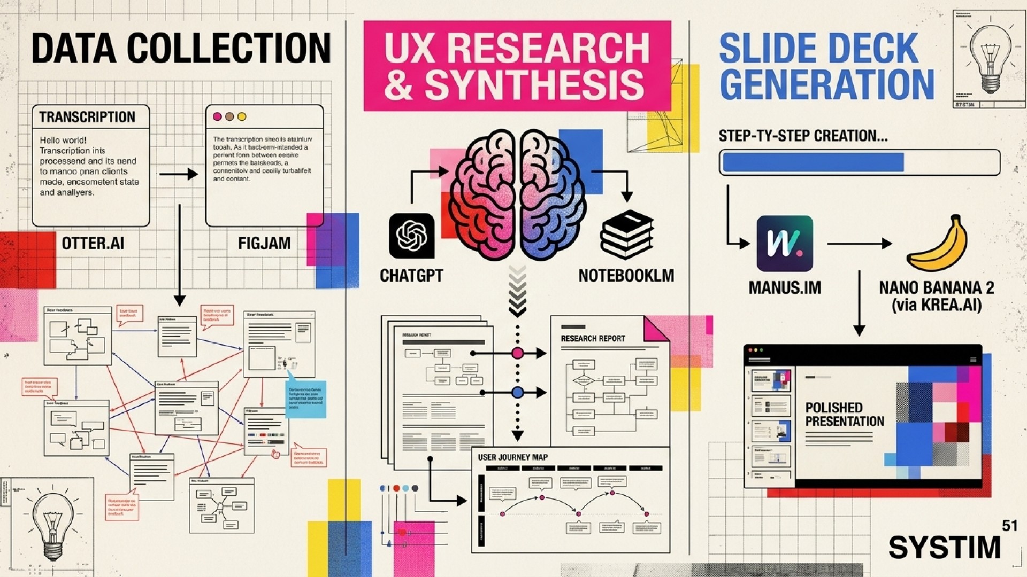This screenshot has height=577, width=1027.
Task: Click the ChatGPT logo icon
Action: [411, 236]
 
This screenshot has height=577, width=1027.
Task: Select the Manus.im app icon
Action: [785, 244]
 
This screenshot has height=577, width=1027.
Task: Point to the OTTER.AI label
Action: [93, 244]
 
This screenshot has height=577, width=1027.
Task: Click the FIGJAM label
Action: [264, 244]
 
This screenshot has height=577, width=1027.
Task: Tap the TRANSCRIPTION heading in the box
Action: [87, 117]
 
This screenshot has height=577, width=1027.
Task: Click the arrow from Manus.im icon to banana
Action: [859, 244]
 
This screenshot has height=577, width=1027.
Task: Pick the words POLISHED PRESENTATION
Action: [844, 415]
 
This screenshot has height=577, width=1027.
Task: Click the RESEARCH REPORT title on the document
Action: [593, 339]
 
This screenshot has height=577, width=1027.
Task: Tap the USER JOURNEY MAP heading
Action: [512, 457]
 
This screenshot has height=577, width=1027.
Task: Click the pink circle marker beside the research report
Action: [517, 353]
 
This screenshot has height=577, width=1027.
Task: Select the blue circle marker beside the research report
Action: [517, 393]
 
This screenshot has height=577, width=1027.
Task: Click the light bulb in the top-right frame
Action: [990, 58]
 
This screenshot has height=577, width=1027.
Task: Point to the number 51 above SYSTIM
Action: [1009, 526]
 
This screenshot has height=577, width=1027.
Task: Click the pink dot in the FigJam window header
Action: [217, 116]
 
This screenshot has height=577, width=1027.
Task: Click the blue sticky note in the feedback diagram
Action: [305, 399]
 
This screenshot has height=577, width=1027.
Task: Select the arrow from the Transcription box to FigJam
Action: [179, 174]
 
